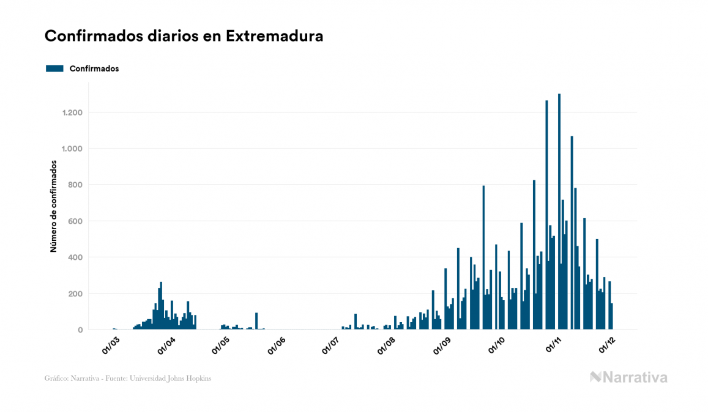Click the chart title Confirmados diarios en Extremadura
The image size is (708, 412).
coord(184,36)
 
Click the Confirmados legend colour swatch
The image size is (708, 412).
coord(55,68)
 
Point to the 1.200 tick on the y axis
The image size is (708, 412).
coord(72,112)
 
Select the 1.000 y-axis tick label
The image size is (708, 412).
coord(72,149)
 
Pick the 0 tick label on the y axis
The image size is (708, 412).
coord(80,330)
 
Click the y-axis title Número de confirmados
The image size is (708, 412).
coord(53,207)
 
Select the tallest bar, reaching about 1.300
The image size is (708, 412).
coord(559,214)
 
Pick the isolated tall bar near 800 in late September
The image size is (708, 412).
coord(483,257)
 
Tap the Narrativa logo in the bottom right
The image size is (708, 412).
coord(628,377)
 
